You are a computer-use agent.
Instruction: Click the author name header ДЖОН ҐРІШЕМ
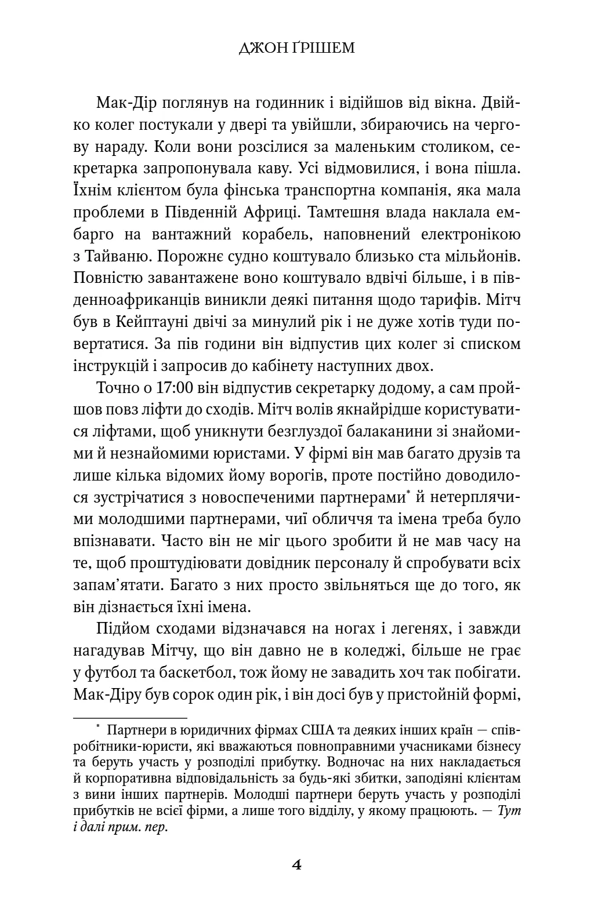[x=296, y=48]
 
